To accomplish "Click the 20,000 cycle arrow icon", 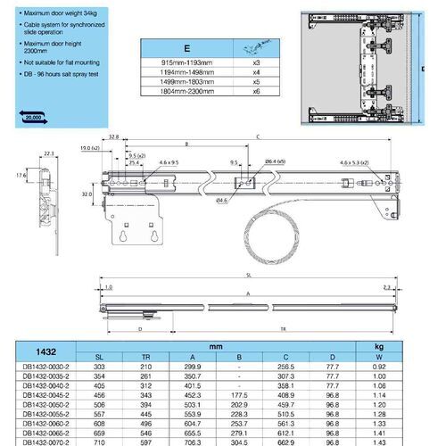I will [x=33, y=116].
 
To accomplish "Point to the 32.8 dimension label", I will [x=114, y=137].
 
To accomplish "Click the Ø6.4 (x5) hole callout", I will [x=275, y=161].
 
